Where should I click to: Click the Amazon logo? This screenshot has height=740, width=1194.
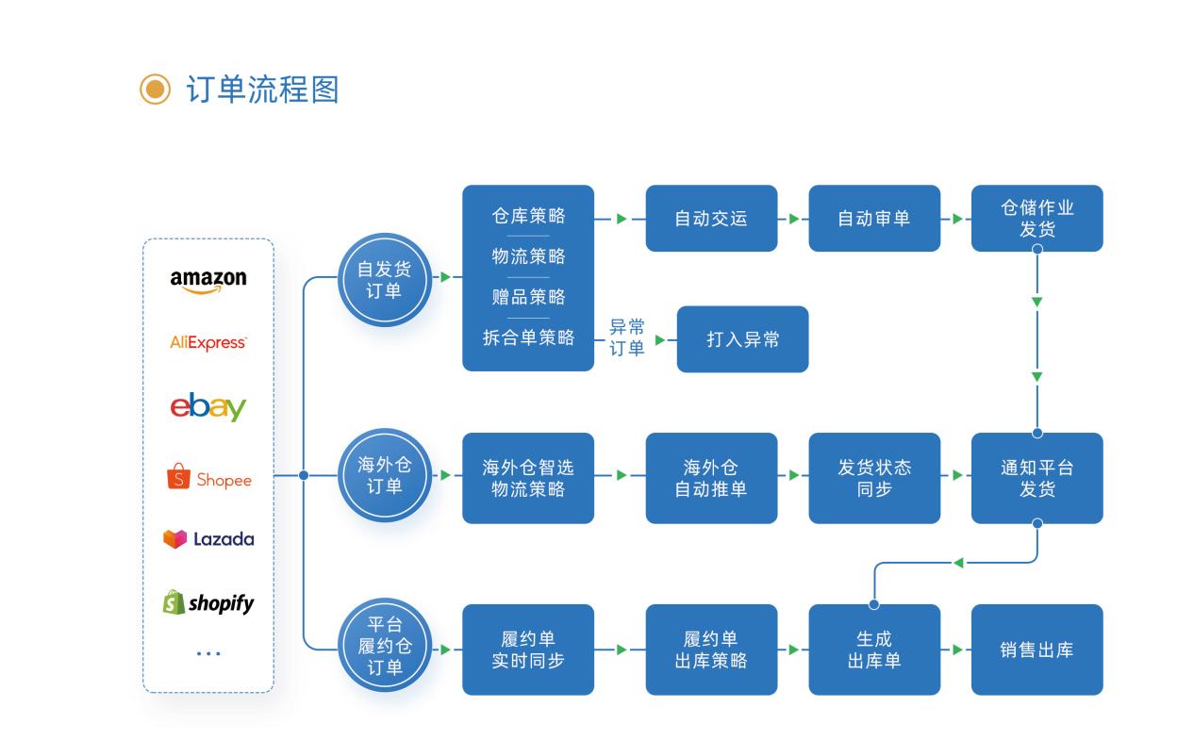click(208, 280)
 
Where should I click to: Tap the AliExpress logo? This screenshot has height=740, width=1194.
click(208, 342)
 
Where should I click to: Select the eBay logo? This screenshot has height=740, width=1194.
click(208, 407)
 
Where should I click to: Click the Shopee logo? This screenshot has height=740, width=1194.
click(208, 479)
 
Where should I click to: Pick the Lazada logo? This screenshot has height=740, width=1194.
click(208, 539)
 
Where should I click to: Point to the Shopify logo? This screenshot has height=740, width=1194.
click(208, 602)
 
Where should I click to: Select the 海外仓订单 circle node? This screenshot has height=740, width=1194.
click(384, 475)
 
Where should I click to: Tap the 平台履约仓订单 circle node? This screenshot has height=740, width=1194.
click(384, 646)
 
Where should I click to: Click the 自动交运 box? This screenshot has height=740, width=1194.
click(711, 219)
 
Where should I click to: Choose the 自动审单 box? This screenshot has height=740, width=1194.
click(874, 219)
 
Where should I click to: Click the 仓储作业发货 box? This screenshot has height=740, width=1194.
click(1036, 219)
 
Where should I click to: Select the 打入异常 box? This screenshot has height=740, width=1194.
click(742, 339)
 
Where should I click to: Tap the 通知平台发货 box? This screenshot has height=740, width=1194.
click(1036, 478)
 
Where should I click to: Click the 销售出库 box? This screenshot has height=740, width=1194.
click(1036, 650)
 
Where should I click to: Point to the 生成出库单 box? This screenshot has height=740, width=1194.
click(874, 650)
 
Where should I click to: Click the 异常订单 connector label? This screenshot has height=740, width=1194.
click(626, 338)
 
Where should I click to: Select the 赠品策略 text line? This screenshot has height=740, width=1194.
click(528, 297)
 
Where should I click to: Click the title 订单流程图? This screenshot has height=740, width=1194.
click(262, 90)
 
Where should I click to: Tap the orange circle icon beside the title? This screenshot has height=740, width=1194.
click(155, 90)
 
